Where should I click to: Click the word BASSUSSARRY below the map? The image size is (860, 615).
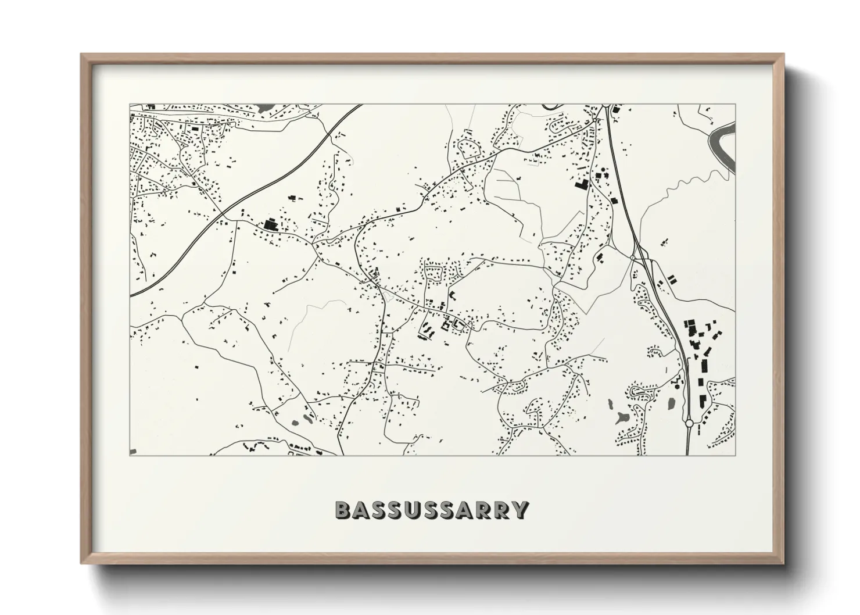pyautogui.click(x=432, y=510)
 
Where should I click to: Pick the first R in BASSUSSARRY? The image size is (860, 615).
pyautogui.click(x=486, y=510)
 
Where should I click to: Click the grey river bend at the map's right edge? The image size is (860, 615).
pyautogui.click(x=723, y=148)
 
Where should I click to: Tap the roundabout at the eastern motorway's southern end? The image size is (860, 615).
pyautogui.click(x=689, y=424)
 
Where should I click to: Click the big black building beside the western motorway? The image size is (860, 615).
pyautogui.click(x=270, y=223)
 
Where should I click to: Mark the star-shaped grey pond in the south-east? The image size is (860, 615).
pyautogui.click(x=621, y=416)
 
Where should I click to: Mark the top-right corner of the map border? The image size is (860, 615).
pyautogui.click(x=735, y=105)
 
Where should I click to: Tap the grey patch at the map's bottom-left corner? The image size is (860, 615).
pyautogui.click(x=133, y=451)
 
